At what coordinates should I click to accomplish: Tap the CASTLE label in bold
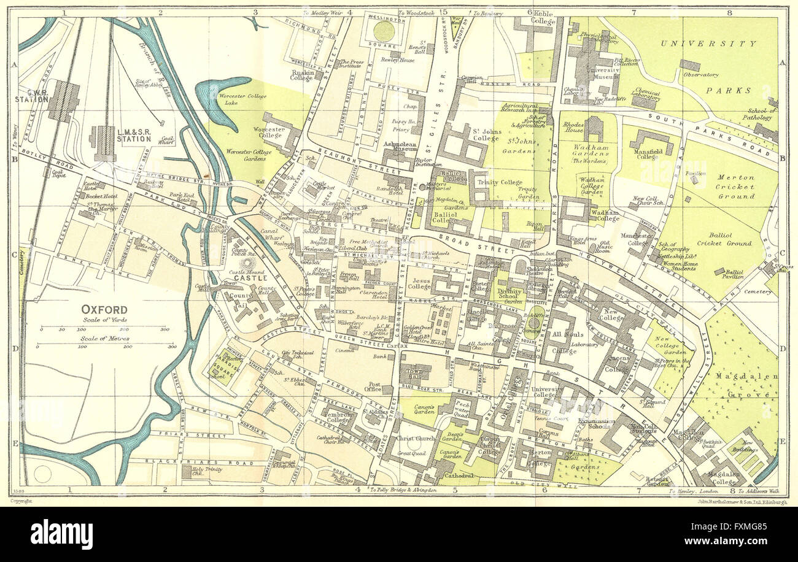250,278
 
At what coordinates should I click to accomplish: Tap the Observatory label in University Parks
700,75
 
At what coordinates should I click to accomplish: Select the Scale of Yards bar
103,329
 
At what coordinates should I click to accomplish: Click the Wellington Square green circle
384,31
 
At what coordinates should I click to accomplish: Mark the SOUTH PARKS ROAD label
725,135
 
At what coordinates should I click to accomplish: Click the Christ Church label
416,439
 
